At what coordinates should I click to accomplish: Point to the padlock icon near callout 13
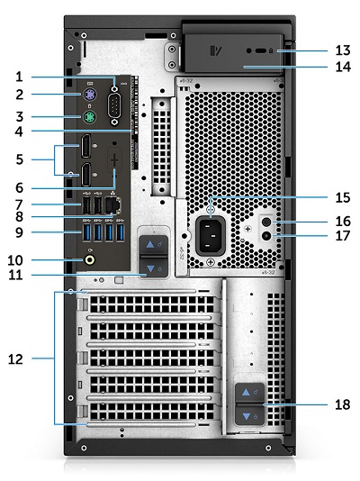tap(283, 53)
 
